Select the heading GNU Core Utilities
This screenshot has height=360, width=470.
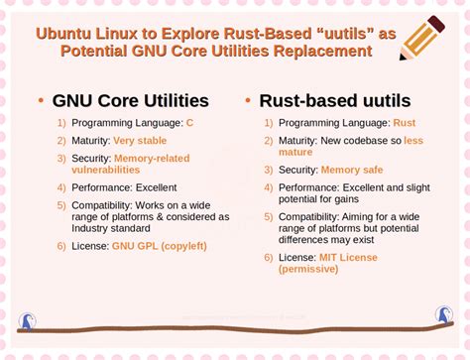130,100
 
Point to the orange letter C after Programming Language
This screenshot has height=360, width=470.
188,122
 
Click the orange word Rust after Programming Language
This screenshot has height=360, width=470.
404,122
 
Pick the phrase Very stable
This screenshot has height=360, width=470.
139,140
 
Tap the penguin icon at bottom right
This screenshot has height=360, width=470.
443,316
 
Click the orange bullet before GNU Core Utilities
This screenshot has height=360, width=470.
39,101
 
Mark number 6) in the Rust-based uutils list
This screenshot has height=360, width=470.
269,257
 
